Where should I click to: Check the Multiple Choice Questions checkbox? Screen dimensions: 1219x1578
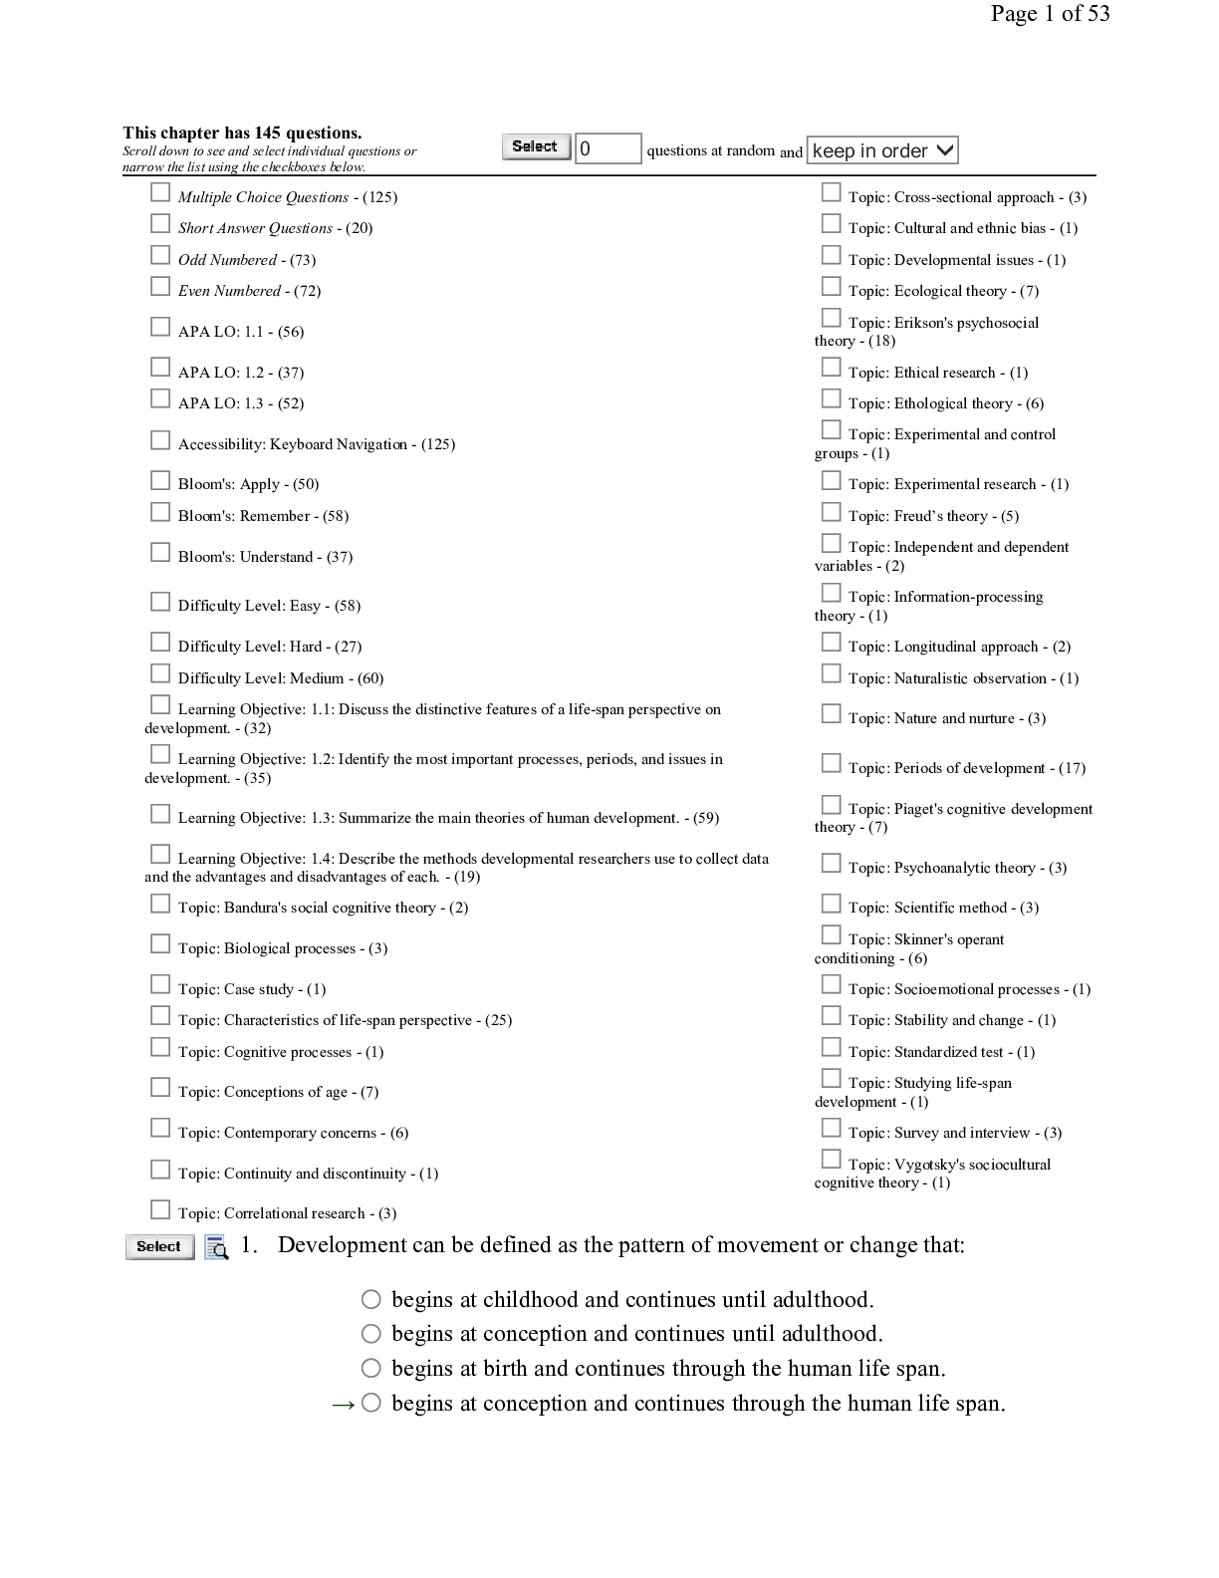[x=159, y=192]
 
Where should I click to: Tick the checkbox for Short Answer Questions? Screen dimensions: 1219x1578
[x=159, y=223]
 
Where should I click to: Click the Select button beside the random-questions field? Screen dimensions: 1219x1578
[x=536, y=146]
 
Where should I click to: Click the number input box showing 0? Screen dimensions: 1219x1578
[x=608, y=148]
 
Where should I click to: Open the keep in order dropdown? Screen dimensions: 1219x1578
[x=882, y=150]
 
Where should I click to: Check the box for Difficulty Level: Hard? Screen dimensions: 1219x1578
[x=159, y=642]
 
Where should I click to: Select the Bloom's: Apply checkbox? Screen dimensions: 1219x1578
[x=159, y=480]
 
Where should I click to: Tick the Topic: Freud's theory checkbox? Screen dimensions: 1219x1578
[x=831, y=512]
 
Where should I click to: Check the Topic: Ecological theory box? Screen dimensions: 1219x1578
[x=831, y=286]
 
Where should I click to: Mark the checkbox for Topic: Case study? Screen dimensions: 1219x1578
[x=159, y=984]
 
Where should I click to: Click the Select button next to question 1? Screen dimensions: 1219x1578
[x=159, y=1247]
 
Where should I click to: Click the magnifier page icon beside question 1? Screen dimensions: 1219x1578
[x=216, y=1247]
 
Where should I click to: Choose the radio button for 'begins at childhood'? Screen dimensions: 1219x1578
[x=371, y=1299]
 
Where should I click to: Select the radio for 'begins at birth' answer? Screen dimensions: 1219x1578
[x=371, y=1368]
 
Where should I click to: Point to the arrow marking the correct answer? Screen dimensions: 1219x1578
[x=344, y=1406]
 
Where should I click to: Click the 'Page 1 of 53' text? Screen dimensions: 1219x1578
[x=1050, y=13]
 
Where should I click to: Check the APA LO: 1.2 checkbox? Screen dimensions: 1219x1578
[x=159, y=367]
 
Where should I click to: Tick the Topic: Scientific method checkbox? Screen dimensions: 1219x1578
[x=831, y=904]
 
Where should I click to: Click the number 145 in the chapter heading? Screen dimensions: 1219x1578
[x=267, y=132]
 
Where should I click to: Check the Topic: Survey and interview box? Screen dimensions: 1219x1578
[x=831, y=1128]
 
